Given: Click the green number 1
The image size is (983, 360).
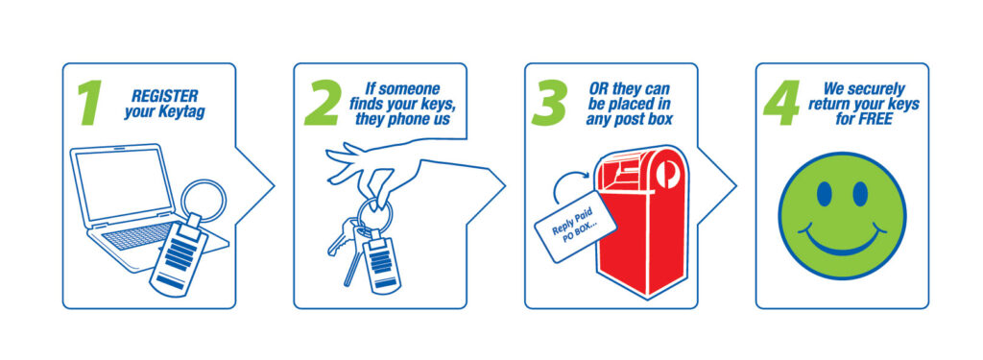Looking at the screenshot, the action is tap(89, 103).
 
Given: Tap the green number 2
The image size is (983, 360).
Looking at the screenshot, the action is tap(323, 103).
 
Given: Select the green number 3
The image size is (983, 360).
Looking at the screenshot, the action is tap(549, 103).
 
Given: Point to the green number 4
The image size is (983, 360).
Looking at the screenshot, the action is tap(781, 103).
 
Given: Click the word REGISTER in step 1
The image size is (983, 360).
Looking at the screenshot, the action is tap(164, 97).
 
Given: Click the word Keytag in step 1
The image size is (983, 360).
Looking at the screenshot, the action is tap(181, 113).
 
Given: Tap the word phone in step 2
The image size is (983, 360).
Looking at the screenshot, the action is tap(411, 118).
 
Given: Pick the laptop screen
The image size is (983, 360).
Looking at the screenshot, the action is tap(122, 184).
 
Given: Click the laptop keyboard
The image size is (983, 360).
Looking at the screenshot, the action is tap(139, 235).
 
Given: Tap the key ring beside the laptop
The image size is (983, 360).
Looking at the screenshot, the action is tap(204, 201).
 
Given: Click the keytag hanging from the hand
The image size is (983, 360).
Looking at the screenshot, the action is tap(380, 259).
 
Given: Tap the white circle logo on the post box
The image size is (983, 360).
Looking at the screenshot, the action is tap(666, 173).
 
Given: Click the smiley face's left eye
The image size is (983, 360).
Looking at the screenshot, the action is tap(824, 194).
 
